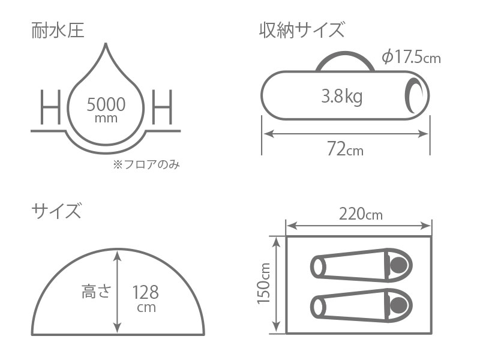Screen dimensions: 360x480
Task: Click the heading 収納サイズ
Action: (x=302, y=29)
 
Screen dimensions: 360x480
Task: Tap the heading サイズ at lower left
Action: (x=56, y=211)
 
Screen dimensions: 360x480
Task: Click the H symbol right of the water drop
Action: (x=162, y=108)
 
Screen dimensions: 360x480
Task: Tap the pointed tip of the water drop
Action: (x=106, y=46)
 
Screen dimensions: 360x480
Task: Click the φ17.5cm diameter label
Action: (x=411, y=57)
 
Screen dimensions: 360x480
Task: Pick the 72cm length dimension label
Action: (x=344, y=149)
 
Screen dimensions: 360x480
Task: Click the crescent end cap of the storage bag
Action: (x=414, y=96)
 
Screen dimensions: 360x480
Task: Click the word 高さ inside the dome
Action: (x=95, y=292)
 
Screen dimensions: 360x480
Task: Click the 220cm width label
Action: (x=360, y=214)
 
